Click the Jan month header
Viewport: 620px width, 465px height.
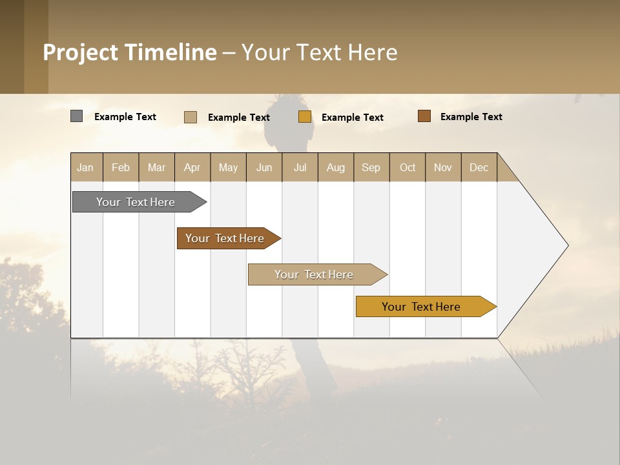coord(85,167)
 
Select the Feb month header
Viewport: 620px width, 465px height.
coord(121,167)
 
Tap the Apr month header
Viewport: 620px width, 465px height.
coord(192,167)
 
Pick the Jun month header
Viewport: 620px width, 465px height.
coord(264,167)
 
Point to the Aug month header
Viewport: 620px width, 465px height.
coord(335,167)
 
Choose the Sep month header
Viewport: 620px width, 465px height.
coord(371,167)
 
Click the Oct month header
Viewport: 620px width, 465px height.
coord(408,167)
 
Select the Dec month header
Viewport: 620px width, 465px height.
coord(479,167)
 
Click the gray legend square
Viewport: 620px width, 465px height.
coord(76,116)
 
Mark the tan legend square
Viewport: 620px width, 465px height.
coord(191,117)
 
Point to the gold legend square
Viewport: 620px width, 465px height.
coord(305,117)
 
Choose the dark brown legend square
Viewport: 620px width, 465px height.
coord(424,116)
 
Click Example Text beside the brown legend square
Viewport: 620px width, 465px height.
coord(471,117)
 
